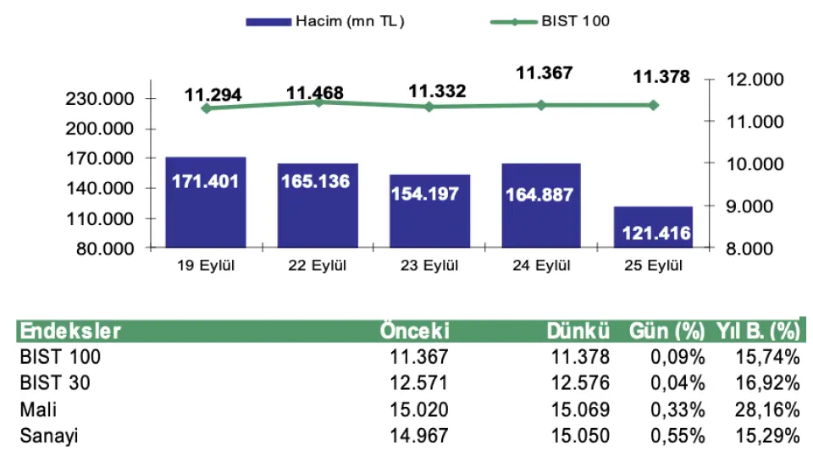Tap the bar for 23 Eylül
[x=429, y=211]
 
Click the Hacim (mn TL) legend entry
[x=325, y=21]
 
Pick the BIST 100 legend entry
[x=550, y=21]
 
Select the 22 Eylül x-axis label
[x=318, y=266]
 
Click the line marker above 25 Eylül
[x=653, y=105]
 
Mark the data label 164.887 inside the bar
[x=539, y=195]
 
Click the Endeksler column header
[x=70, y=331]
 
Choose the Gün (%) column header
[x=664, y=331]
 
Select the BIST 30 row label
[x=55, y=382]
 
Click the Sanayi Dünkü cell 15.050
[x=582, y=436]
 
